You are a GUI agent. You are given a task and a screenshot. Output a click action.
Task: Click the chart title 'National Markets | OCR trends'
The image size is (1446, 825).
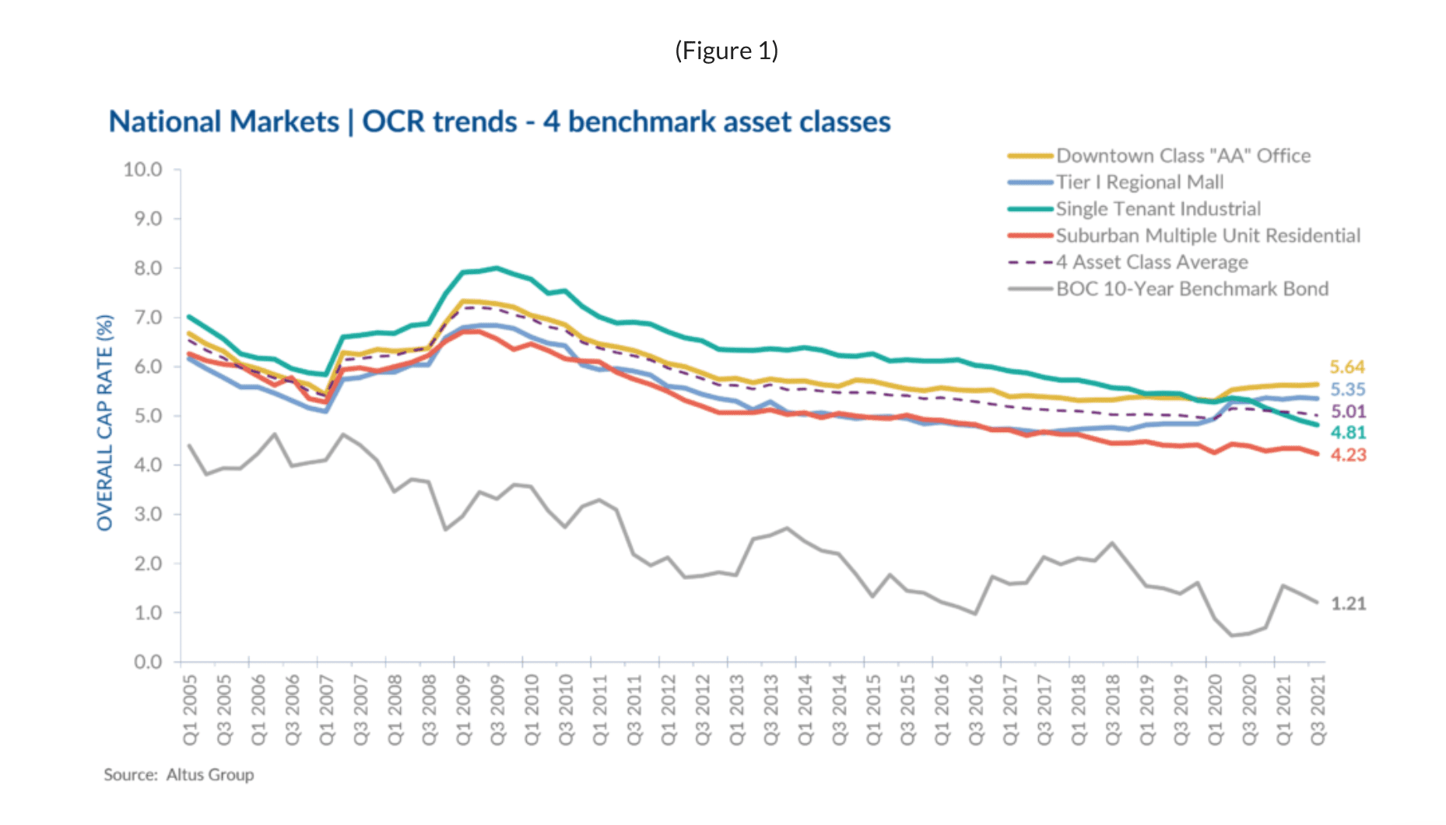499,122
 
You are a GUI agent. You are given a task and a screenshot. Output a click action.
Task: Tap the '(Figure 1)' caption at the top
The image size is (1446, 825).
726,51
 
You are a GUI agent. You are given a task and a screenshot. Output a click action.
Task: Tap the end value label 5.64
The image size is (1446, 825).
1347,367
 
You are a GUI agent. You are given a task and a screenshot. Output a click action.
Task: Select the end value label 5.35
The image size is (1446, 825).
1347,389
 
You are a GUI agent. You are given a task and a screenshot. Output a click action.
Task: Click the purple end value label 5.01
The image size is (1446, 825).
1347,411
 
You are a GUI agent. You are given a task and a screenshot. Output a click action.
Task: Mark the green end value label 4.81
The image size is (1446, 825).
1347,433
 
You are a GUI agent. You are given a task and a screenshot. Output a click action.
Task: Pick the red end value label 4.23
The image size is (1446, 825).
1347,455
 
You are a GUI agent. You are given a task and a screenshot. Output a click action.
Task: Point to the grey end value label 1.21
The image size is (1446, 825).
1348,603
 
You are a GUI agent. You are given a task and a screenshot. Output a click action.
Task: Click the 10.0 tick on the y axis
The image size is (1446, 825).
143,170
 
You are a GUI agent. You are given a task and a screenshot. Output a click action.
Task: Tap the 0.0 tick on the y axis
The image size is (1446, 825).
148,662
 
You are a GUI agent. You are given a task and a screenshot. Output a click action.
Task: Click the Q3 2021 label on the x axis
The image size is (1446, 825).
1317,710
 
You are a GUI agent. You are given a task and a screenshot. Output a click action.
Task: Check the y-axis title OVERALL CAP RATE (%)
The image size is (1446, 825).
105,423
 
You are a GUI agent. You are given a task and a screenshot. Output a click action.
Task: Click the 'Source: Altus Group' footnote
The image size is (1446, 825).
179,774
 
